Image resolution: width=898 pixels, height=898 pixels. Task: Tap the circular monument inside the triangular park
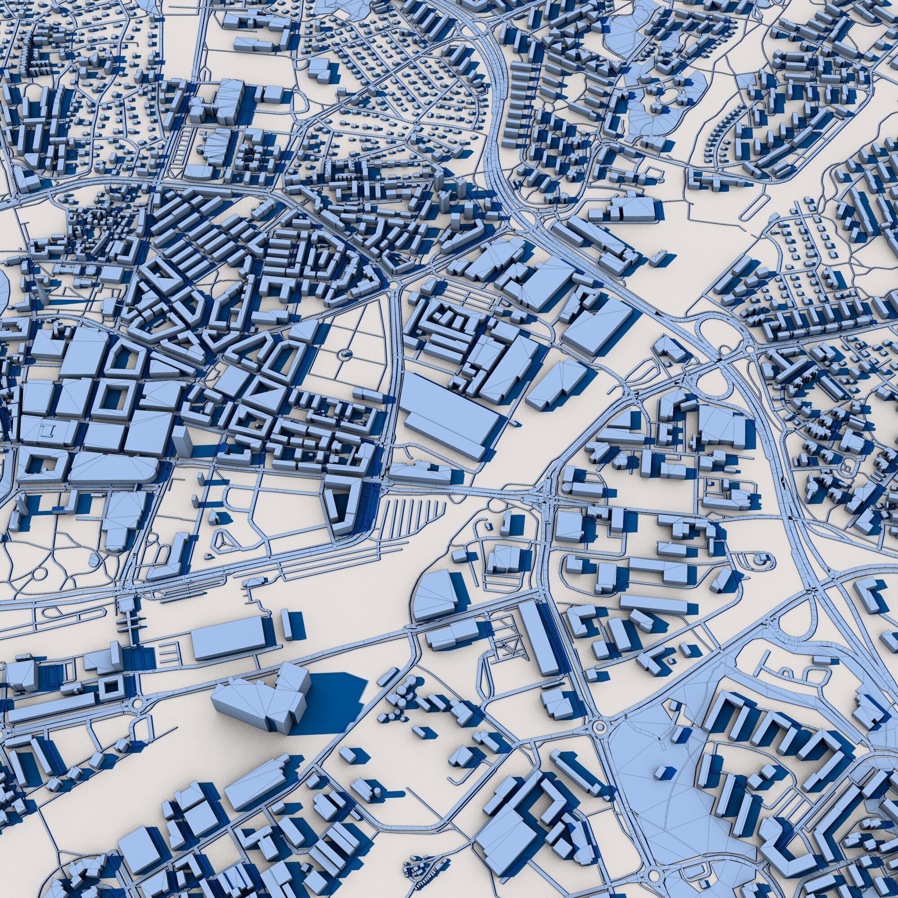[x=344, y=355]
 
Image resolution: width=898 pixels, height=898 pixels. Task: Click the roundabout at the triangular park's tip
[x=395, y=285]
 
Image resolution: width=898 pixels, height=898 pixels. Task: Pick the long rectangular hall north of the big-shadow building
[x=229, y=637]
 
